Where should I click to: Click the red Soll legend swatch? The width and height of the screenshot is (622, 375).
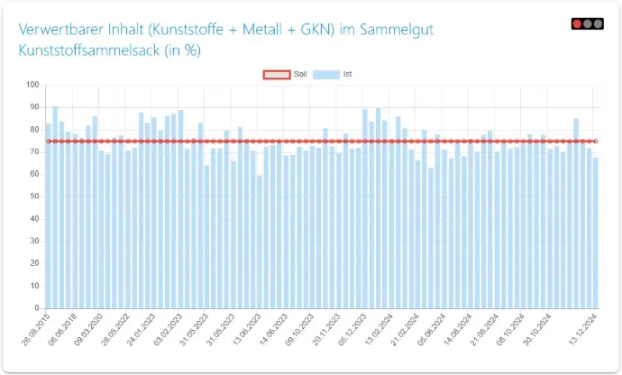click(275, 74)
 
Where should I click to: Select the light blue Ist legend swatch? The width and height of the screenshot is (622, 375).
click(325, 74)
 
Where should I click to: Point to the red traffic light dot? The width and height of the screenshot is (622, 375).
click(577, 23)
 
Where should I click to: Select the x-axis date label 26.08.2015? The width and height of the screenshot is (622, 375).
click(36, 328)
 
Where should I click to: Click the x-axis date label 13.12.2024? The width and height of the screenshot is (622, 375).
click(584, 328)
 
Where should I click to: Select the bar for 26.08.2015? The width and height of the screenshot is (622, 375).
click(49, 216)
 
